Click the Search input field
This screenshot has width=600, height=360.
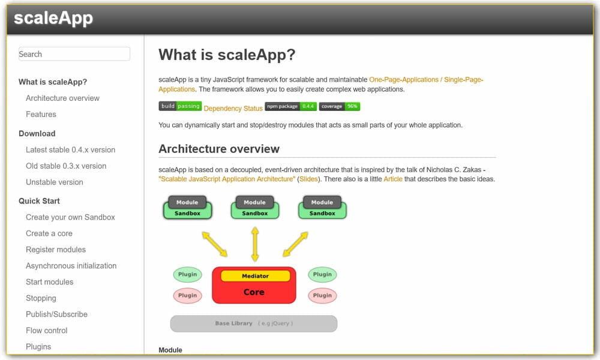coord(74,54)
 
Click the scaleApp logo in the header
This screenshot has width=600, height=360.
coord(53,18)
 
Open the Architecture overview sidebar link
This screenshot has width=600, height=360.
coord(62,98)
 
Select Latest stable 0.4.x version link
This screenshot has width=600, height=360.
coord(70,149)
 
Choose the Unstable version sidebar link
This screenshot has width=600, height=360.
coord(54,182)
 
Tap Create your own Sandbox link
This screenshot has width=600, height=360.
coord(70,217)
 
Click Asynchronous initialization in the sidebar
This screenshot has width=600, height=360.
coord(71,266)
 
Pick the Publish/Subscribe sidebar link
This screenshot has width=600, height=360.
coord(56,314)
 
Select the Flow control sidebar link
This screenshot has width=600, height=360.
coord(46,331)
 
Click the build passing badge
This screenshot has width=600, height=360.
coord(180,106)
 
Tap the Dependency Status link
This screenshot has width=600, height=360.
coord(233,108)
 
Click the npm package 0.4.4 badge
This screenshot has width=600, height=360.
coord(290,106)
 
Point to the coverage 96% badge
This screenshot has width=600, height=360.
coord(340,106)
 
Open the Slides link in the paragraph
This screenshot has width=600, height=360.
coord(310,179)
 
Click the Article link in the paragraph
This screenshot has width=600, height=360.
coord(393,179)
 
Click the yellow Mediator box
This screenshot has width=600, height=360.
coord(255,276)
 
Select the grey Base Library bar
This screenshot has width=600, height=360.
coord(253,323)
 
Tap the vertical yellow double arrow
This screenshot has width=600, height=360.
coord(255,244)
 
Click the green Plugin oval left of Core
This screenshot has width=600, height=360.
coord(187,275)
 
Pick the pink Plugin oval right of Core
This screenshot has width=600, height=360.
coord(322,295)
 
